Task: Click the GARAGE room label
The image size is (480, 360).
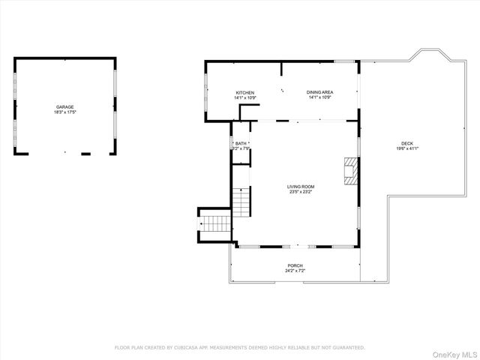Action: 64,106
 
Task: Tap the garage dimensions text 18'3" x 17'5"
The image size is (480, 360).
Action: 64,112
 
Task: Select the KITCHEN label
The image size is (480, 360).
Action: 245,92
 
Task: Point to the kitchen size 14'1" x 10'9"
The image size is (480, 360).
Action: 245,98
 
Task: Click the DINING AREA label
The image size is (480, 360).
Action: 319,92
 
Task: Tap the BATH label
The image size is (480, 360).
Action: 241,143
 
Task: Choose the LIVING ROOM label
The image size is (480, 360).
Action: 301,186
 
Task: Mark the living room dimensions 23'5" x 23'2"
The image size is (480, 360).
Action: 301,192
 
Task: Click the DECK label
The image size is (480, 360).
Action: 406,143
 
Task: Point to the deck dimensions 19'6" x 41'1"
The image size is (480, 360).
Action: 406,149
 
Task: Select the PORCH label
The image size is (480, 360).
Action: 295,265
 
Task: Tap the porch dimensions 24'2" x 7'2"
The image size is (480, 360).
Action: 295,271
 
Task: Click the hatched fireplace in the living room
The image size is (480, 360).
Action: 351,170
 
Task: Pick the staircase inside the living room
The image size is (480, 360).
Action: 240,202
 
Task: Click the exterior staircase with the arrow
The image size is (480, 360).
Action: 215,223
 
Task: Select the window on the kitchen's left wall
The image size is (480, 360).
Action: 206,91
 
